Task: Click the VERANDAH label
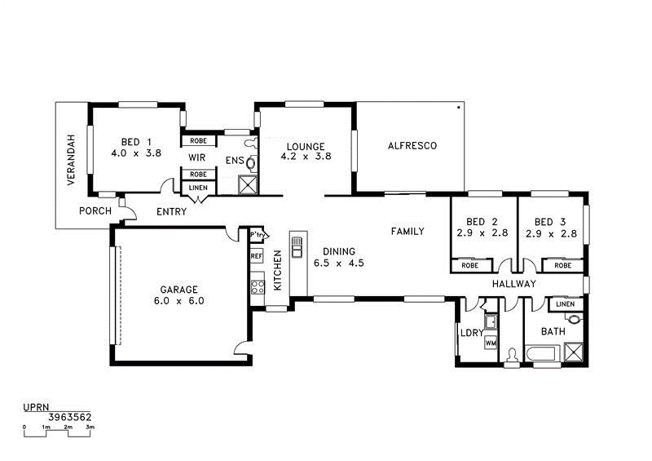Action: (71, 160)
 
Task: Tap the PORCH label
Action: (95, 211)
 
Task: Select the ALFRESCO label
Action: (412, 146)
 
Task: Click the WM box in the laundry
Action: (491, 344)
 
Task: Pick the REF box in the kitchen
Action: (257, 256)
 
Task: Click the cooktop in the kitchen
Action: (258, 287)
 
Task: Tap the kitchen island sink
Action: (297, 247)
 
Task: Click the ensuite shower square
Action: (248, 185)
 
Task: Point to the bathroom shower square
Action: (574, 352)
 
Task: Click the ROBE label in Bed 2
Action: (470, 265)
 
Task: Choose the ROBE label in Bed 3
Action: (562, 265)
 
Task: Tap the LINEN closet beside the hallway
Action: (565, 304)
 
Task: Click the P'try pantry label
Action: (257, 235)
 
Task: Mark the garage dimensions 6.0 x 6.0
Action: (178, 301)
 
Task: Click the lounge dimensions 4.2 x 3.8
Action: (306, 157)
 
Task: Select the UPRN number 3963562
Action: (70, 417)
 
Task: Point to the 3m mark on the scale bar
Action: (90, 427)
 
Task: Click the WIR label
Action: (196, 157)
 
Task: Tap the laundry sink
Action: (491, 321)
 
